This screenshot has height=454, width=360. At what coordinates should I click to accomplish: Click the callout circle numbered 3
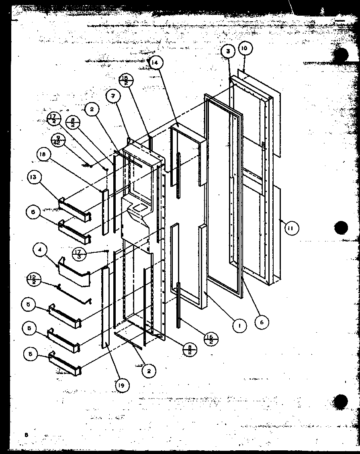click(227, 51)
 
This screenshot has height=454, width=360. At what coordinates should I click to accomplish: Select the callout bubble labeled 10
click(245, 48)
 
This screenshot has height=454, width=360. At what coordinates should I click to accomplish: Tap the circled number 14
click(155, 63)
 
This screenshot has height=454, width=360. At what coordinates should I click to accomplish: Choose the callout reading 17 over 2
click(54, 119)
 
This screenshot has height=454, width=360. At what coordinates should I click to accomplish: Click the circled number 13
click(34, 178)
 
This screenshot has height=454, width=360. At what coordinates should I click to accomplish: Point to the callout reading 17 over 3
click(78, 254)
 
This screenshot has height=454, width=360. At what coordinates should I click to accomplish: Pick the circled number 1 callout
click(240, 326)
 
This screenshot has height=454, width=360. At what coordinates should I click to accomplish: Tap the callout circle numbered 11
click(291, 229)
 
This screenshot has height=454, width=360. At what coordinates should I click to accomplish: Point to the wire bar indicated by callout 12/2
click(74, 293)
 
